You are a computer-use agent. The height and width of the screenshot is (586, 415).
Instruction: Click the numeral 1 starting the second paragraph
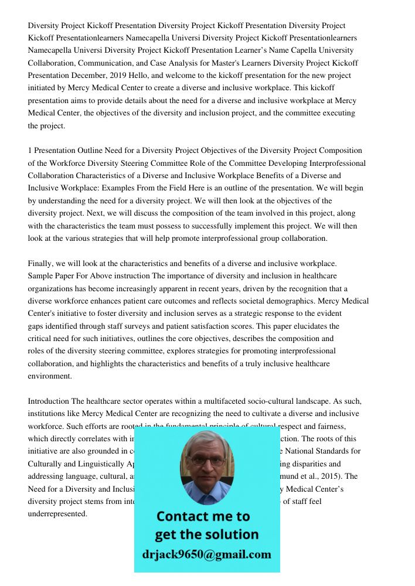click(30, 151)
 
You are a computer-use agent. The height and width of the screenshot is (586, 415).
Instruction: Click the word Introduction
click(49, 401)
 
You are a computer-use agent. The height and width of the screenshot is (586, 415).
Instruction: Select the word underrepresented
click(57, 513)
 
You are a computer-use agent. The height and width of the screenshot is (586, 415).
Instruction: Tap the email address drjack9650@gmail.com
click(206, 554)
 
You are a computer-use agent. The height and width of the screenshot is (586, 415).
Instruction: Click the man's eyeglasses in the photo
click(207, 461)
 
